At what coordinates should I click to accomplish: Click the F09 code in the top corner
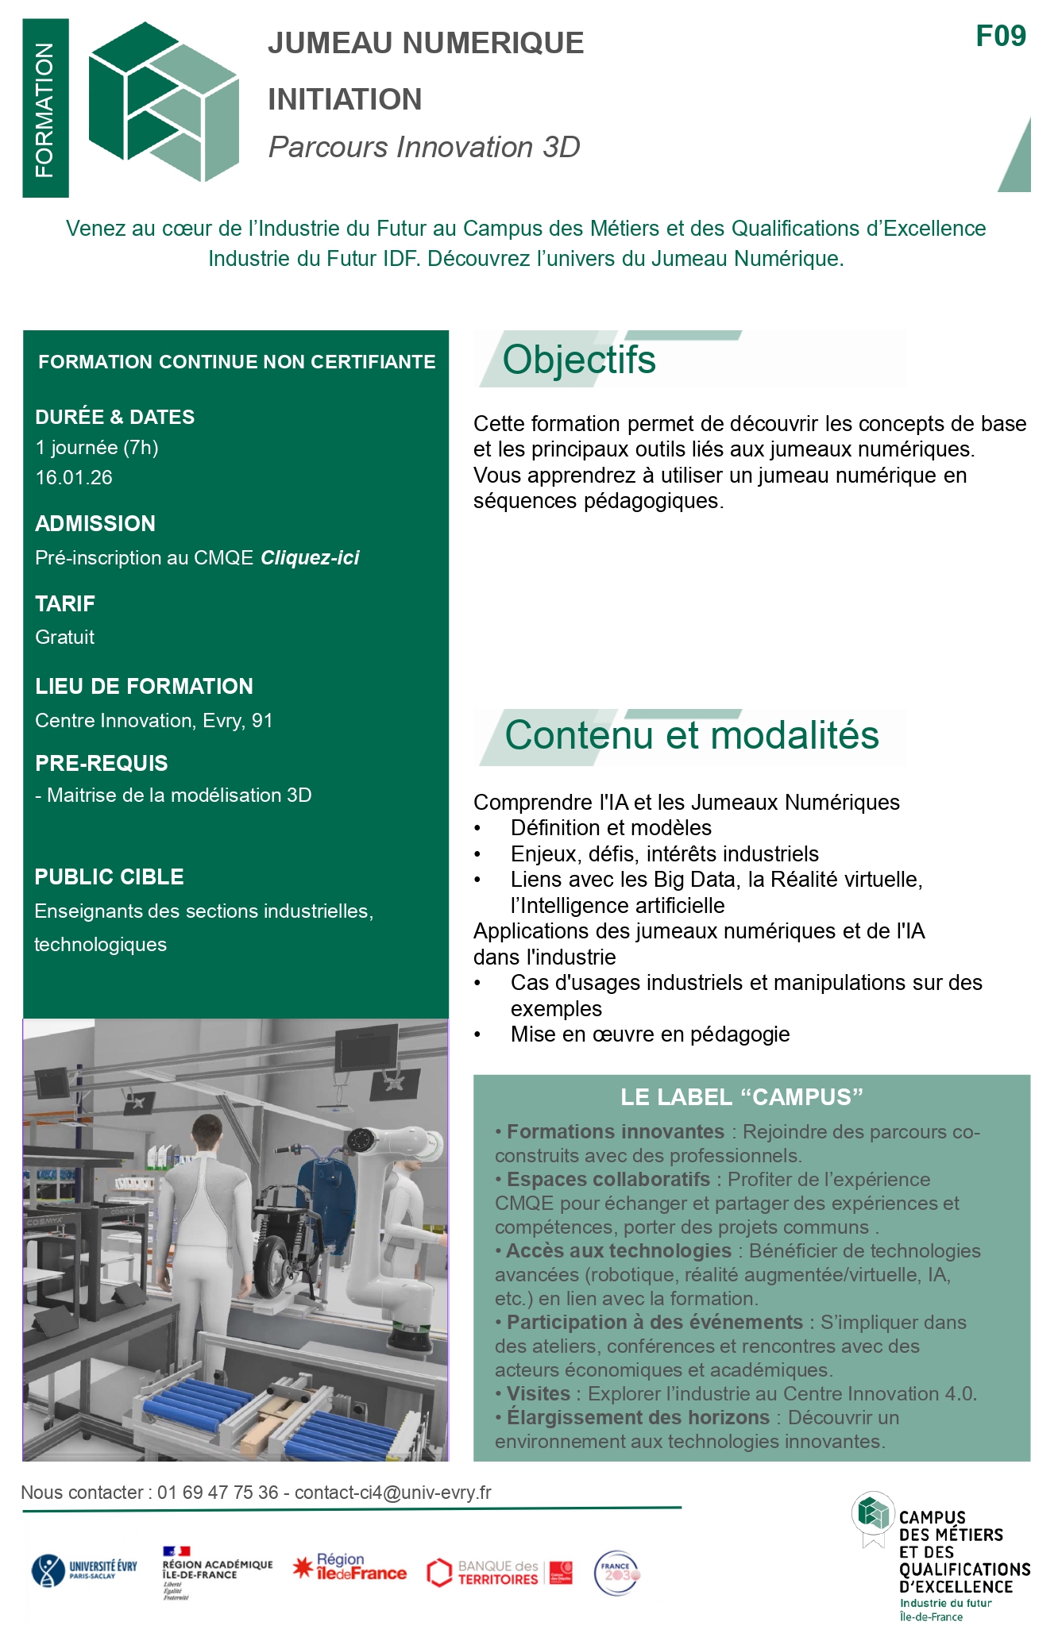[1000, 37]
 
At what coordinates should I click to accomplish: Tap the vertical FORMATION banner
[45, 109]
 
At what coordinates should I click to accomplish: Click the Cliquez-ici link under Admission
[310, 558]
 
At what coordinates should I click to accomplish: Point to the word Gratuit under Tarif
[65, 638]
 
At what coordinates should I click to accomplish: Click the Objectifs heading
[579, 360]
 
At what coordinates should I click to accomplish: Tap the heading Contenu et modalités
[692, 735]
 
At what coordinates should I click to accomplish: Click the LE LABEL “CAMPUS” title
[741, 1097]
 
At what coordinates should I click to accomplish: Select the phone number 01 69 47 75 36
[218, 1493]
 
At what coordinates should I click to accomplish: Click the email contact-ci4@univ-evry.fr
[393, 1493]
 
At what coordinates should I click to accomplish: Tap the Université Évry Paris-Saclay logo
[84, 1570]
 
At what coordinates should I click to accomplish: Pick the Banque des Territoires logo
[499, 1572]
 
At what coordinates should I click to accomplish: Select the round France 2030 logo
[617, 1573]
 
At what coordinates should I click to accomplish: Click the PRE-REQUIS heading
[102, 764]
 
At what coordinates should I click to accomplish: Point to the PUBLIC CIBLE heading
[110, 877]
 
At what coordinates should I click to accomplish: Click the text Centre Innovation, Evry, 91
[154, 721]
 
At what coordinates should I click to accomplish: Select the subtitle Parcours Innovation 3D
[424, 148]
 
